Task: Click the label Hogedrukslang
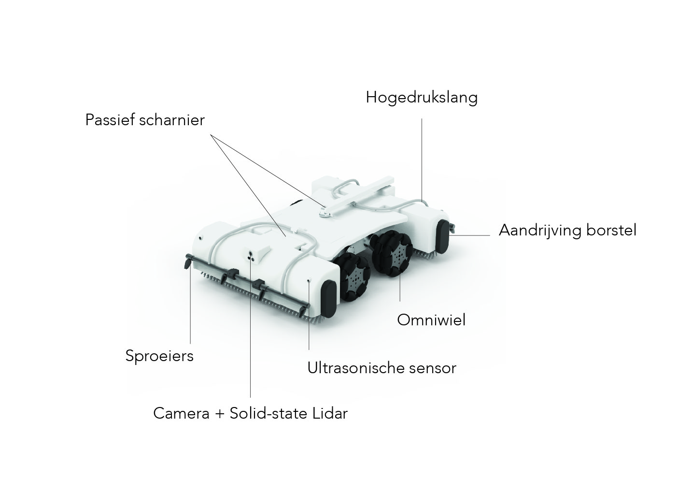click(x=422, y=98)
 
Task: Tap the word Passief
click(x=110, y=120)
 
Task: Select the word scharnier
click(x=172, y=120)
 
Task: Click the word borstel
click(x=611, y=230)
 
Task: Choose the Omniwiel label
click(x=431, y=320)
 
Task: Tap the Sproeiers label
click(x=159, y=356)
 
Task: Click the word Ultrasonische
click(x=355, y=368)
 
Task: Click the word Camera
click(x=181, y=413)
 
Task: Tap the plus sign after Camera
click(x=220, y=414)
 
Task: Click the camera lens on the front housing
click(x=251, y=253)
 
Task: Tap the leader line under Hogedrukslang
click(x=422, y=160)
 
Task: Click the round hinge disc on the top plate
click(x=325, y=214)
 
